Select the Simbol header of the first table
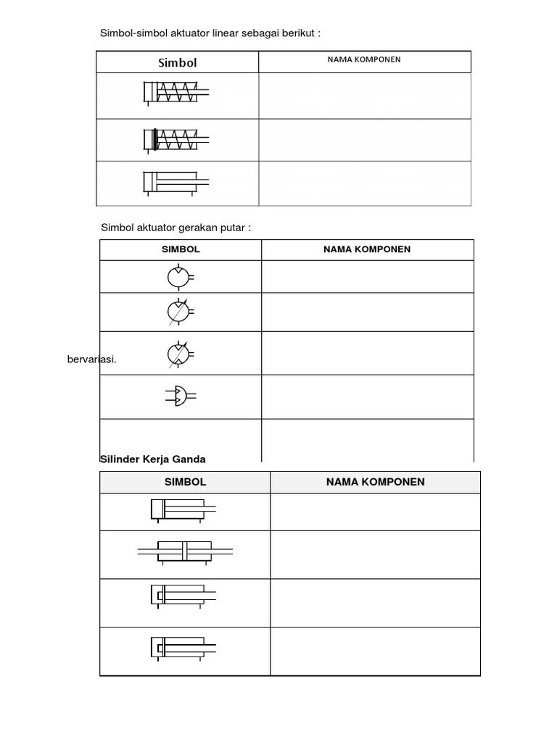178,62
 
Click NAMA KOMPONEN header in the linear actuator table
364,59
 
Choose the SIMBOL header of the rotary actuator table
180,249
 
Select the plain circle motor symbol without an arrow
178,277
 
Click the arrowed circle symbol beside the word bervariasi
178,354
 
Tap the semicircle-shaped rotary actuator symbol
181,396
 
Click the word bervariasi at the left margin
91,359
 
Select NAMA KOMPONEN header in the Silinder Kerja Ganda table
375,482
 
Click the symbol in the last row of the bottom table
184,647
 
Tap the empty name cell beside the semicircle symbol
367,396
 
